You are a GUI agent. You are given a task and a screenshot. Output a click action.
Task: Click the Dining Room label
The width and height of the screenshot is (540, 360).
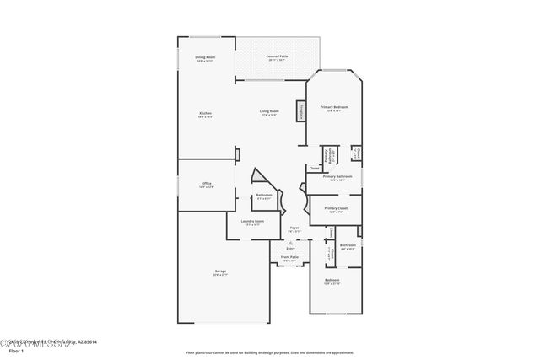205,59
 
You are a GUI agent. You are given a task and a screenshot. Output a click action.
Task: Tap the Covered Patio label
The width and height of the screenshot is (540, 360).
278,58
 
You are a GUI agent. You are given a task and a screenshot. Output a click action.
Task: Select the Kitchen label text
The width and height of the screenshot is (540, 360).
205,114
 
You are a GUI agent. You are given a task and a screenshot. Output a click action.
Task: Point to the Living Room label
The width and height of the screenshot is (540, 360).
268,113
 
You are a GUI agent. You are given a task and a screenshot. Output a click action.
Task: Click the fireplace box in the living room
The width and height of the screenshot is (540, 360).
299,111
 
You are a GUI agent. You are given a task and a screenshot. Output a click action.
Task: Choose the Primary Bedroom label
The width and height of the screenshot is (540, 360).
334,109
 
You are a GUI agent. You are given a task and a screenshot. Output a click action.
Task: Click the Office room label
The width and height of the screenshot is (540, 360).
207,185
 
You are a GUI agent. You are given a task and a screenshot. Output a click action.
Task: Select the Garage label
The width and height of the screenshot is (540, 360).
219,272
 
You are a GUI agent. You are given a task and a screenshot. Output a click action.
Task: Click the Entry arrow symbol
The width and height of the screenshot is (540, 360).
291,243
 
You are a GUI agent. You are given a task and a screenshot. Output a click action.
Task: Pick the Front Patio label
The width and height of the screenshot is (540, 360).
289,260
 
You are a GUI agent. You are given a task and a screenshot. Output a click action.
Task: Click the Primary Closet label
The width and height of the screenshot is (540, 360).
336,209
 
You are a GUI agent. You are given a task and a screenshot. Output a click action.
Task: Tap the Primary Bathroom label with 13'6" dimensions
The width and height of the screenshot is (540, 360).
337,178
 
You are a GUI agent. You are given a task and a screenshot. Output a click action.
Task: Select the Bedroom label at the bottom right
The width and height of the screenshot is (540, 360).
332,281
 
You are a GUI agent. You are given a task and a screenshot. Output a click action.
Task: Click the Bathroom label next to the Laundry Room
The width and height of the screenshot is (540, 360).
264,196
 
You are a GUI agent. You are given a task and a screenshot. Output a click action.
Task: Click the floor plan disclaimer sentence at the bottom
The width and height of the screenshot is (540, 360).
269,352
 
